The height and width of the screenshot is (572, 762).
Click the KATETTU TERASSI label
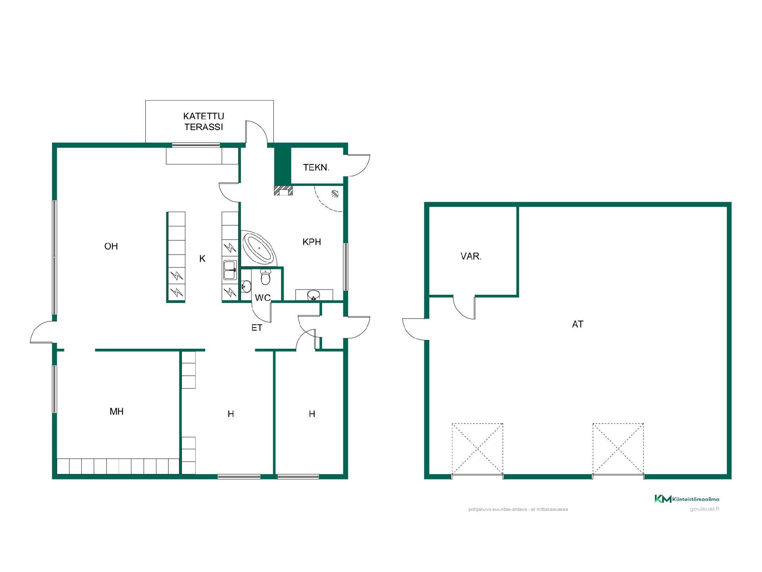[x=204, y=122]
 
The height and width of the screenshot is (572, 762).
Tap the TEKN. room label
[x=316, y=168]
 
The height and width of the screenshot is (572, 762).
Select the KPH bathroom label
[x=312, y=242]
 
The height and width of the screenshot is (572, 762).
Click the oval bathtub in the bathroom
[x=259, y=249]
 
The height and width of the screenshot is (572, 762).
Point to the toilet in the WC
[x=266, y=277]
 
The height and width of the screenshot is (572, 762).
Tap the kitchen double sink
[x=230, y=270]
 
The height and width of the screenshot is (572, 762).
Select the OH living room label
[x=111, y=247]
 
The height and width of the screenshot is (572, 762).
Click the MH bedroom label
[x=117, y=412]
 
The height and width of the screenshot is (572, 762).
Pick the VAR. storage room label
[x=471, y=257]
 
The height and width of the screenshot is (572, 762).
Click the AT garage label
[x=577, y=325]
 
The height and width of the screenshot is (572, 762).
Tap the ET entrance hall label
[x=257, y=328]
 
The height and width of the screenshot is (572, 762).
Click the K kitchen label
[x=202, y=259]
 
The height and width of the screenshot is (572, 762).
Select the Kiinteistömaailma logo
[x=687, y=499]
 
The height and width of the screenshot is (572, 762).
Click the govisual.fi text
[x=704, y=509]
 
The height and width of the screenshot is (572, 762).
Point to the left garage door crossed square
[x=477, y=449]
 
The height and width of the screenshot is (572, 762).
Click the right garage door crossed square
[x=618, y=449]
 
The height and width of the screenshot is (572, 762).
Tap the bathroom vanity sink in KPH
[x=314, y=295]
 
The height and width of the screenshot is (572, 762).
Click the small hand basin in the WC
[x=246, y=286]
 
